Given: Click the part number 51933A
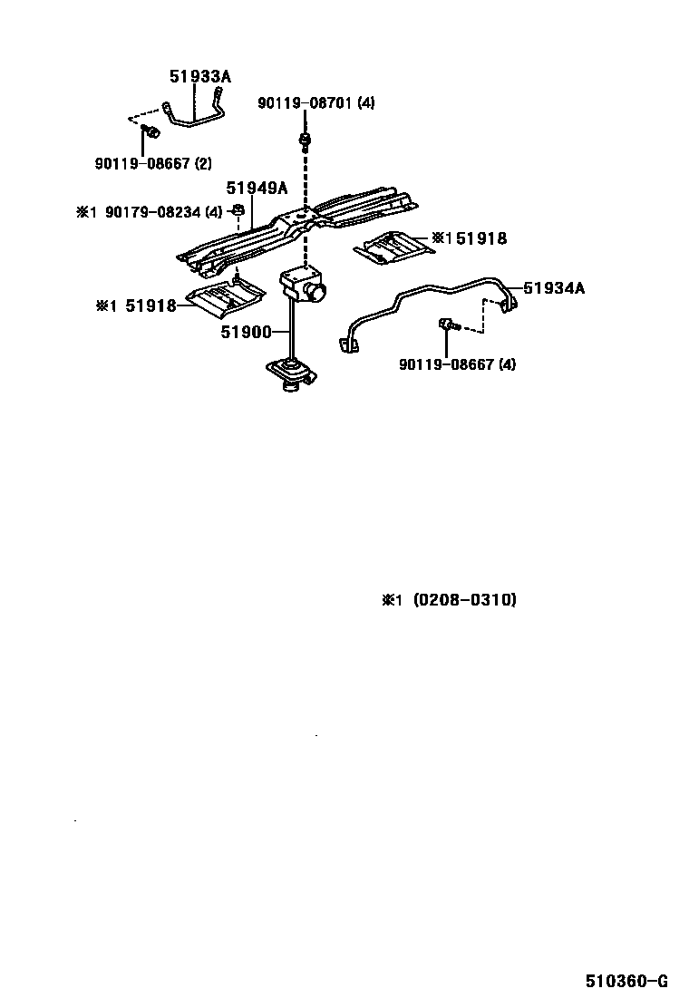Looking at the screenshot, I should [200, 77].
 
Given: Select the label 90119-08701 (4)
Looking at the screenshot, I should [315, 103].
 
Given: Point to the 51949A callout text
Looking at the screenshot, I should [257, 189].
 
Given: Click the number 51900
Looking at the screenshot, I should [246, 333].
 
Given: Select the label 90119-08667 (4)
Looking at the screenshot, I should [457, 364].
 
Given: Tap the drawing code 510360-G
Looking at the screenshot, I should [626, 982].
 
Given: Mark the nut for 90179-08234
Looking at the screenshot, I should [237, 213].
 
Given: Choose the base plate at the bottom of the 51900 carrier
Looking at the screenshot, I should [289, 373].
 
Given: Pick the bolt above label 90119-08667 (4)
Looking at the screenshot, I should [447, 324].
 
